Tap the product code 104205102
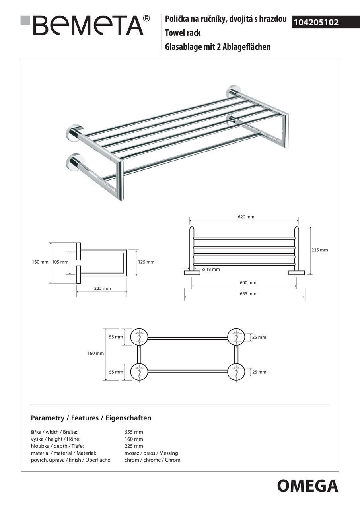[x=316, y=23]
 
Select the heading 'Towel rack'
[x=183, y=33]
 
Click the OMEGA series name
[x=307, y=486]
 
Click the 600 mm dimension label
[x=248, y=283]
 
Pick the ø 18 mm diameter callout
[x=211, y=270]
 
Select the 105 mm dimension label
[x=60, y=262]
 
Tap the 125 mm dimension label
[x=146, y=262]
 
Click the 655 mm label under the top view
[x=248, y=294]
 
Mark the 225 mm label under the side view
[x=103, y=288]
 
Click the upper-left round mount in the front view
[x=139, y=337]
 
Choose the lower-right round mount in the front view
[x=236, y=372]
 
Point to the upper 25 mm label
[x=259, y=337]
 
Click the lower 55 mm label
[x=116, y=372]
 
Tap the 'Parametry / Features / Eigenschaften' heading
[x=91, y=418]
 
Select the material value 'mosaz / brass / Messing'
[x=151, y=453]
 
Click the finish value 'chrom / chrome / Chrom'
[x=152, y=460]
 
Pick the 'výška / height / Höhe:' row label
[x=56, y=439]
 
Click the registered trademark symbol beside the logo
[x=146, y=18]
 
